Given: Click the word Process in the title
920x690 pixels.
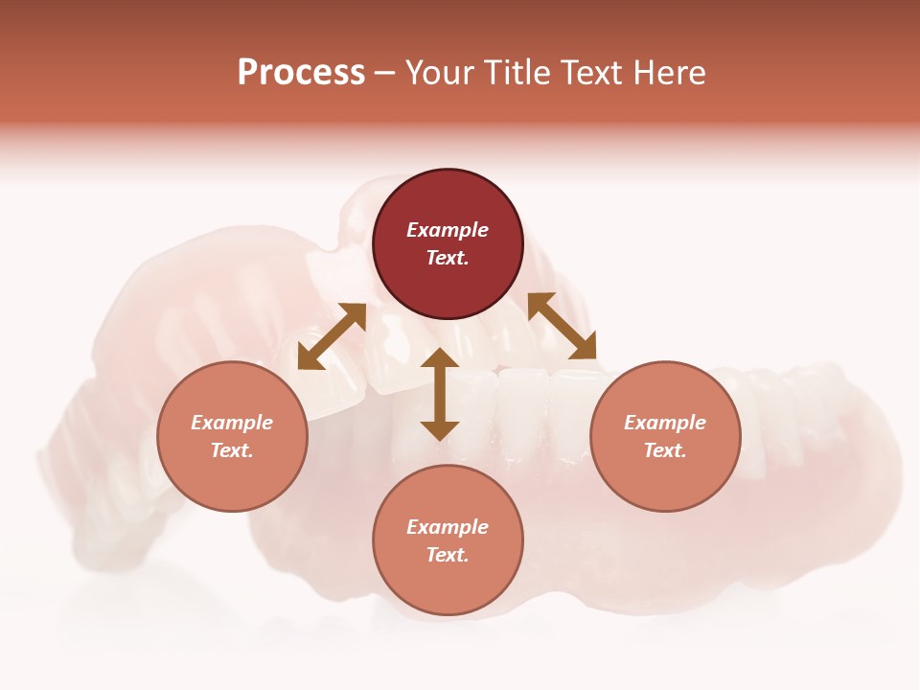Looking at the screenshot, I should (301, 72).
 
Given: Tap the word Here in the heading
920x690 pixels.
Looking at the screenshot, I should (668, 72).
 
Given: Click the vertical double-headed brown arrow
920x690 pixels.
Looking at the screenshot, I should (440, 395).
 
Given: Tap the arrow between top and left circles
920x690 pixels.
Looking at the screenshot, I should (332, 336).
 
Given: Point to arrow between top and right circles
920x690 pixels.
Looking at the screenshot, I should (563, 326).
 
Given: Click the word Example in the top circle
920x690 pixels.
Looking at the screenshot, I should (448, 230).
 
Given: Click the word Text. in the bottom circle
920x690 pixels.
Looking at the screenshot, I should (448, 555).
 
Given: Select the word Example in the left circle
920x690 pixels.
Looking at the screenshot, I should (232, 423).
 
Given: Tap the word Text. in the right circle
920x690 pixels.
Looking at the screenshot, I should (665, 450).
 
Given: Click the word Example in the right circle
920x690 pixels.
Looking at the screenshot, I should (665, 423).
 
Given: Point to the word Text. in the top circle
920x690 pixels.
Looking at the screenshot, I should (448, 258).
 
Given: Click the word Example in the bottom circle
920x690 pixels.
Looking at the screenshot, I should (448, 527).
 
